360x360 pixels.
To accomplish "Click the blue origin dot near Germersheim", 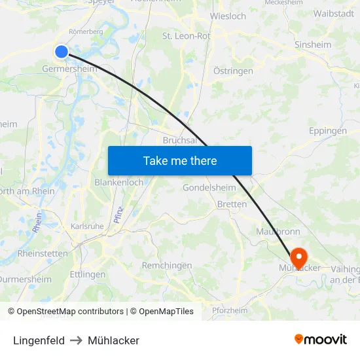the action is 62,52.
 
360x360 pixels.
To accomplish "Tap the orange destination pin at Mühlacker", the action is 298,255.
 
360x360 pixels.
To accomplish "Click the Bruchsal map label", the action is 179,140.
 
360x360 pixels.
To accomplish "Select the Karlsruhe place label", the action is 86,226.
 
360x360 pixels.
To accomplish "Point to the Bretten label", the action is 232,204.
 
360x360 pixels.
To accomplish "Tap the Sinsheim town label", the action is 331,45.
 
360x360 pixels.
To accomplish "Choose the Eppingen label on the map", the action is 327,131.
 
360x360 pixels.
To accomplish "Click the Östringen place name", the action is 233,71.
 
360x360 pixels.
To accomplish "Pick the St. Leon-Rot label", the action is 187,36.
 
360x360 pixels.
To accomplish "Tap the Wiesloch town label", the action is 228,16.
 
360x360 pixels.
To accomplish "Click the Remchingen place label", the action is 167,265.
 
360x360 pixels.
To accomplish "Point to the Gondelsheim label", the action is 209,187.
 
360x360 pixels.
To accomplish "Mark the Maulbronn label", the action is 279,230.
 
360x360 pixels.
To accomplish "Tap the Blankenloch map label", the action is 119,182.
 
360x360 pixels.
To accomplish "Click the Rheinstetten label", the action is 42,253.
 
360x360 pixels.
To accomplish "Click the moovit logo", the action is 320,340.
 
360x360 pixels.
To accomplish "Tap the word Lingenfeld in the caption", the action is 39,340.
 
